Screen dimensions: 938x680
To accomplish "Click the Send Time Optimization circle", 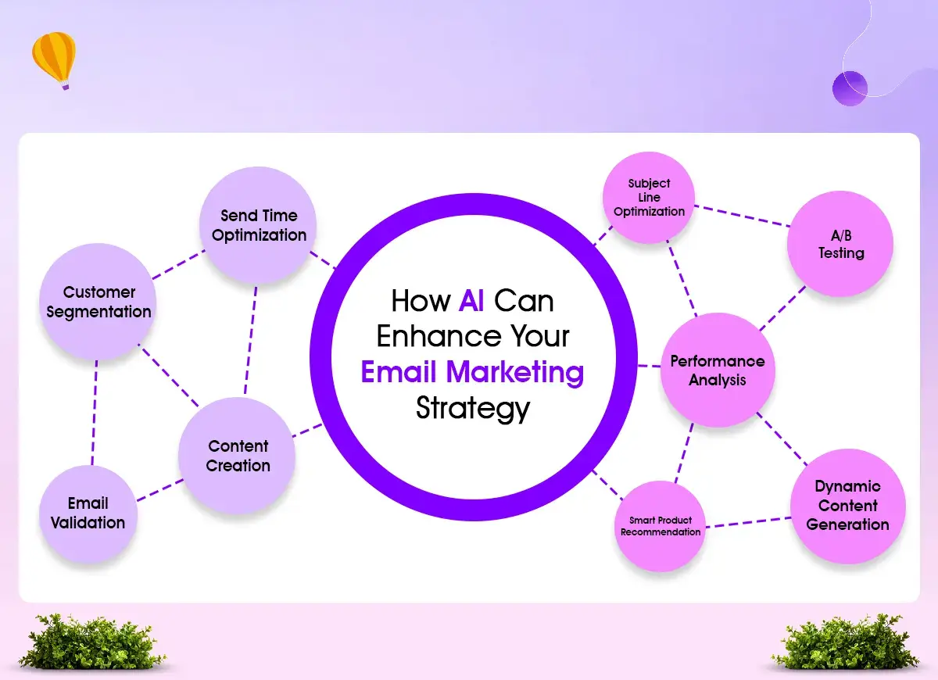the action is (x=258, y=225).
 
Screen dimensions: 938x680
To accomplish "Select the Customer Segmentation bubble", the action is (x=98, y=302).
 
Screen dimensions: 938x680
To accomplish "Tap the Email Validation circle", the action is (x=88, y=514).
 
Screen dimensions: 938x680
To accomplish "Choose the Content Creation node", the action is (x=237, y=456).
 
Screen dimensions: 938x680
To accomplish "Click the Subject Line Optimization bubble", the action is (x=649, y=197).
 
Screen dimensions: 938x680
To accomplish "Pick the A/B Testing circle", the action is (x=840, y=244).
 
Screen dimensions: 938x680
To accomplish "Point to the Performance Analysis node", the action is (x=718, y=370).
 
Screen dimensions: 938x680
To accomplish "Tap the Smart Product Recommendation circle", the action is (x=661, y=526).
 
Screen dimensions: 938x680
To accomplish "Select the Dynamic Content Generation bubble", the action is (x=848, y=506).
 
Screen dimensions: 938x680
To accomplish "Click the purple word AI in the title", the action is (x=471, y=301).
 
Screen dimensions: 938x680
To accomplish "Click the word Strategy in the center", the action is (x=473, y=408).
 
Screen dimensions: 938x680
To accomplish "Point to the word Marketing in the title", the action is (x=514, y=372).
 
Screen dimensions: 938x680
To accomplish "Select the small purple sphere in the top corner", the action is (x=850, y=88).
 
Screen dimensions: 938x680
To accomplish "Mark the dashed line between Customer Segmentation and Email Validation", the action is (x=95, y=413).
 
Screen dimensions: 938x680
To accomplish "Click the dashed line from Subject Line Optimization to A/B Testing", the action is (x=742, y=216).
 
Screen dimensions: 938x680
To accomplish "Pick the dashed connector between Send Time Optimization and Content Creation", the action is (x=250, y=340).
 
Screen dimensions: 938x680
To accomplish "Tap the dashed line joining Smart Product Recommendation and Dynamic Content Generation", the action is (x=748, y=522).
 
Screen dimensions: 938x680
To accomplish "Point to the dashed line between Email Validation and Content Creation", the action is (x=160, y=490).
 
